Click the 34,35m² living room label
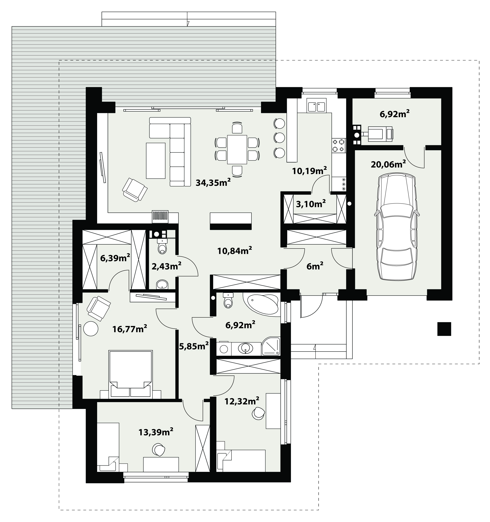pos(213,182)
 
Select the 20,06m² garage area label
pos(388,164)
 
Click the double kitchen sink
pos(317,106)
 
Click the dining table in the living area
pos(237,149)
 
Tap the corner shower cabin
pos(271,346)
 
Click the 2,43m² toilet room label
pos(167,266)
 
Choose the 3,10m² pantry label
pos(311,204)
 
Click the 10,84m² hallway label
pos(235,251)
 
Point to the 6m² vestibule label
pos(315,266)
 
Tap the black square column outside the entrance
pos(444,329)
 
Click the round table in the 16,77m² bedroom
pos(91,328)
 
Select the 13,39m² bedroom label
pos(156,431)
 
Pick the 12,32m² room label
pos(242,401)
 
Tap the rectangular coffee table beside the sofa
pos(156,161)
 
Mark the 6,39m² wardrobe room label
pos(115,258)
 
